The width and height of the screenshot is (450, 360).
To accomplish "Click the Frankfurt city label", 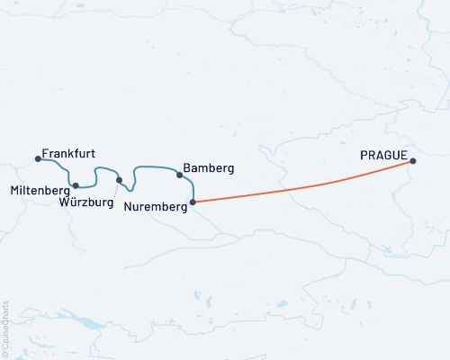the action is coord(69,154).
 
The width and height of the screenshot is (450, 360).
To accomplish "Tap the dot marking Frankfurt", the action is coord(38,159).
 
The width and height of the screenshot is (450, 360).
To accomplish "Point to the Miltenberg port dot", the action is coord(76,185).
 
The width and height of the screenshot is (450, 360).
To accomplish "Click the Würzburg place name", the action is coord(86,202).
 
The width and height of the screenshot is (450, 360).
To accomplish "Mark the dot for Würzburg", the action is coord(119,180).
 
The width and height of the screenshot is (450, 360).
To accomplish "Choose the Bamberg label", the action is coord(208,168).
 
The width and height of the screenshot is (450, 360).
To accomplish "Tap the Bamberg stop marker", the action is coord(179,175).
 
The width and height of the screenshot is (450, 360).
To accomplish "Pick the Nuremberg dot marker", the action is coord(193,202).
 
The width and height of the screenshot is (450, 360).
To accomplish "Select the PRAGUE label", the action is coord(385,155).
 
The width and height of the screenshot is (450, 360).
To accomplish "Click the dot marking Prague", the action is coord(413,161).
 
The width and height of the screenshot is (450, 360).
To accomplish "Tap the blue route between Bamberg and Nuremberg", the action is coord(191,188).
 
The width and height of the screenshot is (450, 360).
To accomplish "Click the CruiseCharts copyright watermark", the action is coord(5,328).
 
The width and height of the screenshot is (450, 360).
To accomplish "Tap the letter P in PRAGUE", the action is coord(364,155).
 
